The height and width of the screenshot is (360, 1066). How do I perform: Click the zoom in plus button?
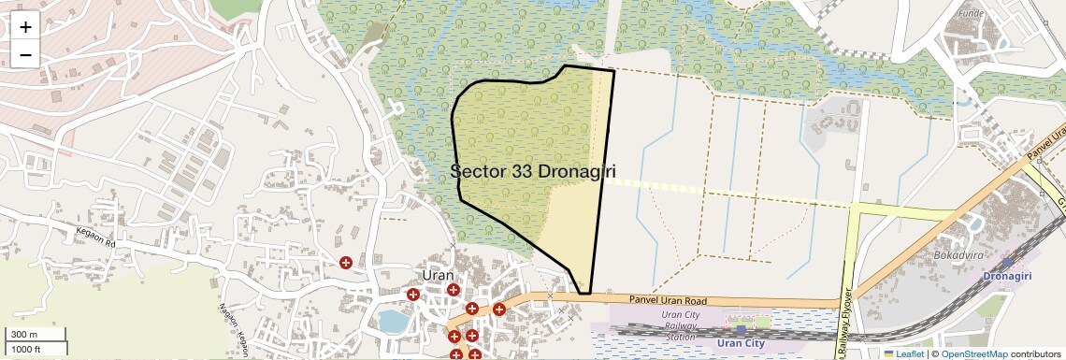[x=25, y=27]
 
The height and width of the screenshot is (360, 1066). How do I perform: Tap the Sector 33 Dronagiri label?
[x=538, y=172]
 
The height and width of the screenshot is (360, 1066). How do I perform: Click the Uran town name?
[x=438, y=275]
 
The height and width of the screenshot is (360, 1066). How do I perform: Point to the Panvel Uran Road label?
[x=652, y=300]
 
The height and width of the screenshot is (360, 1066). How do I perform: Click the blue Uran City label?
[x=741, y=343]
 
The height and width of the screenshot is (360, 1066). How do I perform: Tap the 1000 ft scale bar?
[x=25, y=349]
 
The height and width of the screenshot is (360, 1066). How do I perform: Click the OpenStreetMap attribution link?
[x=974, y=354]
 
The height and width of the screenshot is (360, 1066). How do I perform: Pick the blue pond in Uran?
[x=394, y=321]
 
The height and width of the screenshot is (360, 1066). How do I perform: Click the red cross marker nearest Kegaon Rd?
[x=346, y=263]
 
